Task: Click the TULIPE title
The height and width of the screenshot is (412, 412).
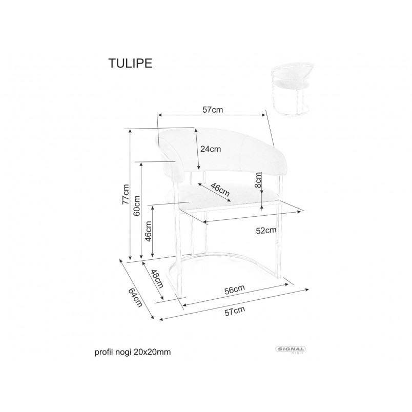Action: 130,63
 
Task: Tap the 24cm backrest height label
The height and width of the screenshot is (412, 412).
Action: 211,149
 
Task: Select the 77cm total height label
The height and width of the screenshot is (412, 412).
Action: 126,194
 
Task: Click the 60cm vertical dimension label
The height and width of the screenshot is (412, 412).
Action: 137,205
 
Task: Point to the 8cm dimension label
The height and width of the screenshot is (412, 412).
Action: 258,180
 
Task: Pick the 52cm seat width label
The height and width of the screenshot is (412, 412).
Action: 266,231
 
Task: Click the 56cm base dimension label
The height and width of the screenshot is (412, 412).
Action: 235,290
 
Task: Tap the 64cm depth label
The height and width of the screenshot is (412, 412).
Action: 135,297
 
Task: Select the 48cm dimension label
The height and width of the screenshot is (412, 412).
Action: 157,279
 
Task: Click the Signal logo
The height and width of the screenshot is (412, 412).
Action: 291,349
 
